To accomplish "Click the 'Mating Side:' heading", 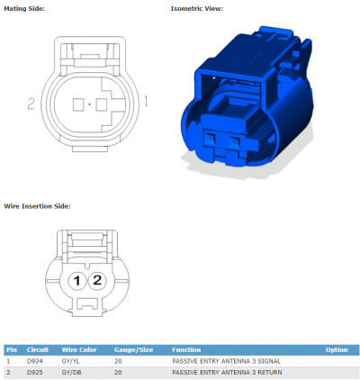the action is tap(24, 9).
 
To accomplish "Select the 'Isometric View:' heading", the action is tap(197, 9).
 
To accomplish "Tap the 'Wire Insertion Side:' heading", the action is tap(37, 206).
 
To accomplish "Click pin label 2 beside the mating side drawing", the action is tap(31, 104).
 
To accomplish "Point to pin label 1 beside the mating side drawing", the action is tap(146, 101).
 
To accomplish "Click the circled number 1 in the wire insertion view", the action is tap(77, 281).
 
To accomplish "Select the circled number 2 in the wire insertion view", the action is tap(97, 280).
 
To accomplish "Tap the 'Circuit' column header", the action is tap(38, 349).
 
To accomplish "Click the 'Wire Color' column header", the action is tap(79, 349).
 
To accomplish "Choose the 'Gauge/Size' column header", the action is tap(133, 350).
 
